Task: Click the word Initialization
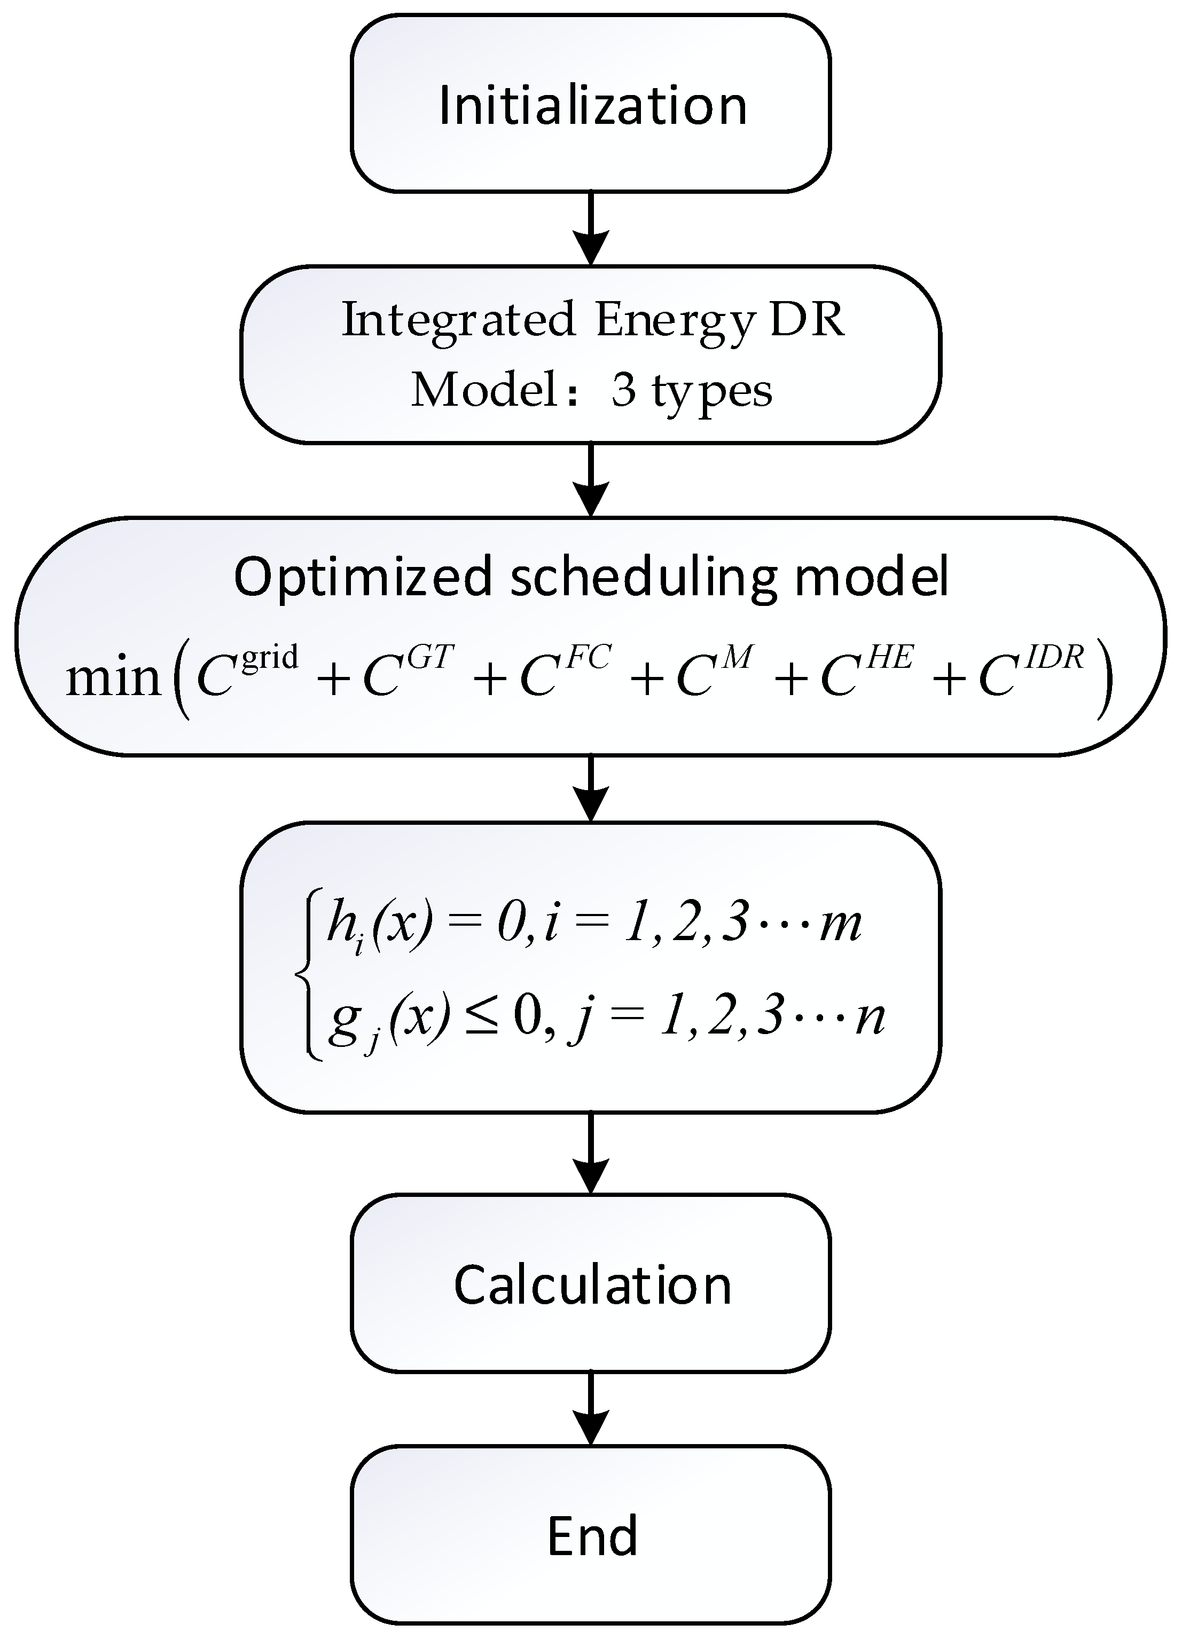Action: click(592, 106)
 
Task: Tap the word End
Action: click(592, 1536)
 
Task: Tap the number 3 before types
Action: click(623, 390)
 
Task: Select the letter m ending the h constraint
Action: click(841, 924)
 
